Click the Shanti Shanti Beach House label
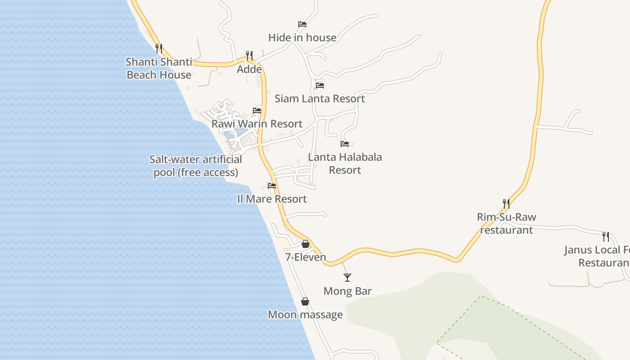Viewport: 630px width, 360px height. [x=159, y=68]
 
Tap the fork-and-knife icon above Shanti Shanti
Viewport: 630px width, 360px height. [x=158, y=48]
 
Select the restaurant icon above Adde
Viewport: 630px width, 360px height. [x=249, y=55]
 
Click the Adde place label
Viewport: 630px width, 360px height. [x=249, y=69]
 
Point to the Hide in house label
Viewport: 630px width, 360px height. [x=302, y=38]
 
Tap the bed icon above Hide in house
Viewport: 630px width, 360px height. [x=302, y=24]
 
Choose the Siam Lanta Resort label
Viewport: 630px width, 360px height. [x=319, y=99]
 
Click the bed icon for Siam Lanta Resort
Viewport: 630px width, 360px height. [x=319, y=85]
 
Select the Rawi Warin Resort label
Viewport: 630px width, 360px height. [x=257, y=124]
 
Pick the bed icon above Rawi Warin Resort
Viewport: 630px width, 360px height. [x=257, y=110]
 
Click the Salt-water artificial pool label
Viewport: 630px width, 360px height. [x=196, y=166]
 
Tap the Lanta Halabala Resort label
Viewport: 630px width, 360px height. [x=345, y=163]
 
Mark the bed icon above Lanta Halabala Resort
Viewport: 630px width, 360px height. [x=345, y=144]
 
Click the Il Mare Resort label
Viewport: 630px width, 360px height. [x=272, y=199]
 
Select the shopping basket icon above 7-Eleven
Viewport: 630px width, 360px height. [x=306, y=244]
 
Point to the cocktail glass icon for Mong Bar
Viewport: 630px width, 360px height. [x=347, y=277]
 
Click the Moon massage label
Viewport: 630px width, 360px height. [x=305, y=315]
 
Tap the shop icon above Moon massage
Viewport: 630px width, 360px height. [x=305, y=301]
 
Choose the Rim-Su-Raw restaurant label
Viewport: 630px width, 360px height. [x=506, y=223]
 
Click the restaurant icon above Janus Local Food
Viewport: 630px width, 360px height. [x=606, y=236]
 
